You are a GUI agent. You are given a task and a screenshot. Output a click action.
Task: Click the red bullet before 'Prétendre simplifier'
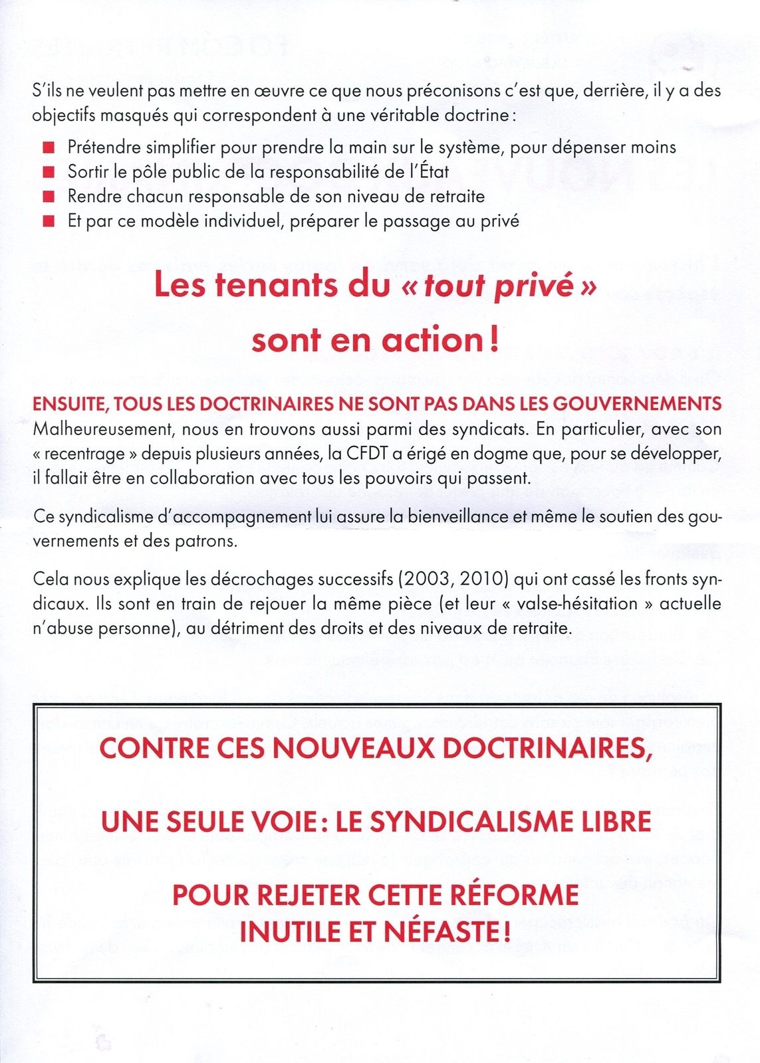click(48, 147)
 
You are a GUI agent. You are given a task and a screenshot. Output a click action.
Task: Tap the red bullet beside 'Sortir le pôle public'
click(48, 172)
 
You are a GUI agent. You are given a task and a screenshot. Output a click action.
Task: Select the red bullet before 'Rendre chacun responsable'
click(48, 197)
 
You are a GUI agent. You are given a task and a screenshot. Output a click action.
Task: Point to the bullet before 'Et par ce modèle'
click(48, 221)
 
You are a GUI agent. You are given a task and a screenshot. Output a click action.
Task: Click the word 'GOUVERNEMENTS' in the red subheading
click(637, 404)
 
